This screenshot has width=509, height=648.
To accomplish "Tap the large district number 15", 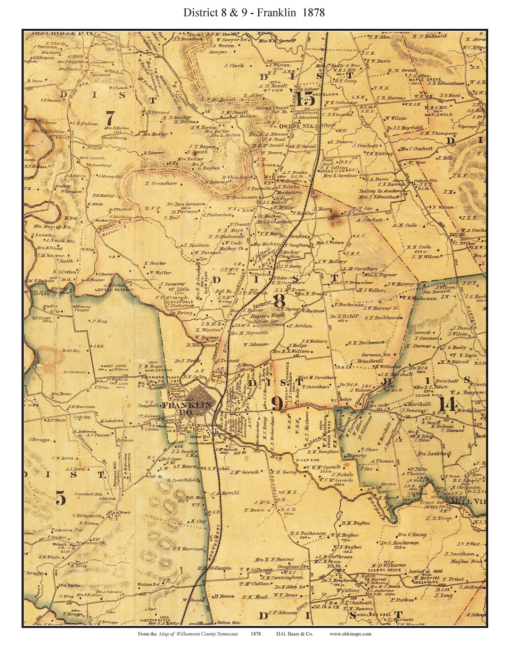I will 304,98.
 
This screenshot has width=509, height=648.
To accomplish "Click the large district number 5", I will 61,498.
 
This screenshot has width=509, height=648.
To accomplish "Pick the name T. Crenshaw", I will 161,183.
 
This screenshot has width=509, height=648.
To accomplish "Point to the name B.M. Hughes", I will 356,523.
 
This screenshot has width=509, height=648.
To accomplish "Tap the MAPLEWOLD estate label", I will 438,115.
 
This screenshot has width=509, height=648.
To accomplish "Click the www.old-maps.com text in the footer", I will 350,634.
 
